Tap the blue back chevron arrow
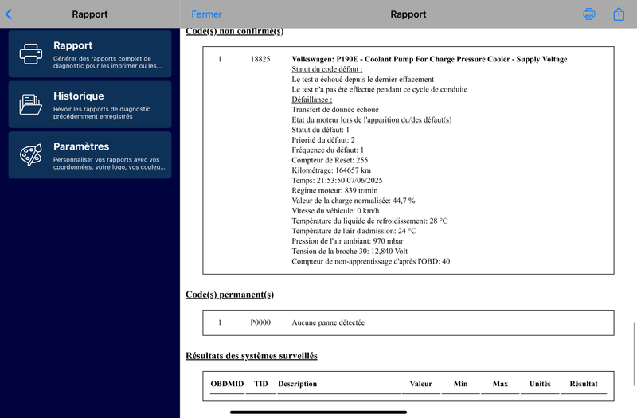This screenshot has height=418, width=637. tap(9, 14)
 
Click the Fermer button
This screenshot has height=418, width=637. tap(207, 14)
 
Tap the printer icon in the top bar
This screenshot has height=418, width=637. tap(589, 14)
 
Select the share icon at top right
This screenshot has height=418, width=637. tap(619, 14)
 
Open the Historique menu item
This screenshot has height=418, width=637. tap(90, 104)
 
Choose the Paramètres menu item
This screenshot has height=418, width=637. tap(90, 154)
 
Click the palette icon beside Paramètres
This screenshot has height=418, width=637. tap(31, 154)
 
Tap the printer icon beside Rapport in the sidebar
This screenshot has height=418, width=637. tap(31, 53)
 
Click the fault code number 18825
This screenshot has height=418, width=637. tap(260, 59)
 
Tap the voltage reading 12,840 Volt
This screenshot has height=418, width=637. tap(385, 251)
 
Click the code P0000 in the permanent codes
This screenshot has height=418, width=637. tap(260, 322)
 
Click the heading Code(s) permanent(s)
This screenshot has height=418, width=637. tap(229, 295)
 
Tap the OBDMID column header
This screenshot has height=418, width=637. tap(227, 384)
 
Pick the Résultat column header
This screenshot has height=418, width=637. tap(584, 384)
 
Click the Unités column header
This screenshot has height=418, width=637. tap(540, 384)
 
